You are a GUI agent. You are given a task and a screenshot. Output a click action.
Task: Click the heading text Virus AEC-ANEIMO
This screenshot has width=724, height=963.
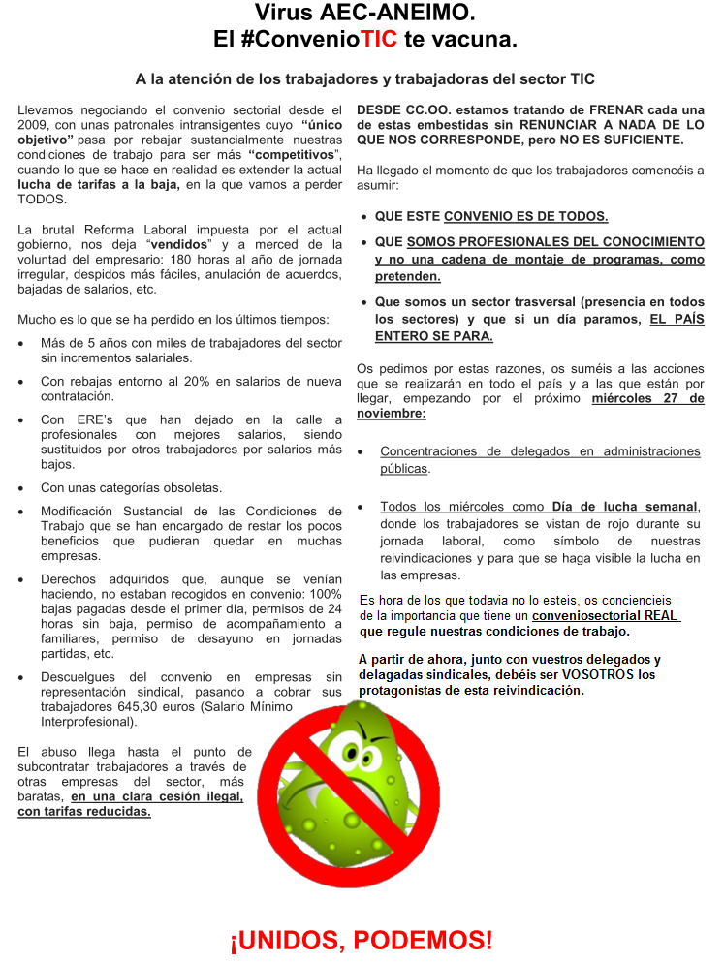365,14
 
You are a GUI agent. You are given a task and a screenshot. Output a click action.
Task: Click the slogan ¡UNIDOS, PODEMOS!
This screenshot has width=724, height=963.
361,939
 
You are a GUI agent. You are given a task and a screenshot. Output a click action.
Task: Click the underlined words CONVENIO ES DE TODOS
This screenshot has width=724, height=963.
525,216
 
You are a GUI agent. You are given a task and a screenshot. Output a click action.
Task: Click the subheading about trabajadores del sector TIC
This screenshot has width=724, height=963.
364,78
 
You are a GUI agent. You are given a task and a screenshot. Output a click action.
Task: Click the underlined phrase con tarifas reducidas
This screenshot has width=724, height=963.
84,811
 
